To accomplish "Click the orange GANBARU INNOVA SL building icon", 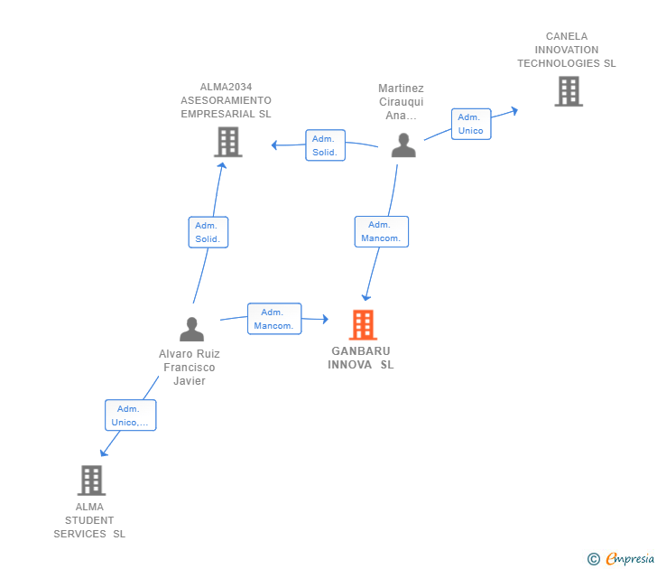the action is pyautogui.click(x=363, y=324).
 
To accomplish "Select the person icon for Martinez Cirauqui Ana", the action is pyautogui.click(x=403, y=145).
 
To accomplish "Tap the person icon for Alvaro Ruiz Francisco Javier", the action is pyautogui.click(x=192, y=329).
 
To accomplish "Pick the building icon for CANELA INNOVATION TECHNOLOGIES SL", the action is pyautogui.click(x=569, y=91).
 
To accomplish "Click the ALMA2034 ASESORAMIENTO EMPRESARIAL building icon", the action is pyautogui.click(x=228, y=142).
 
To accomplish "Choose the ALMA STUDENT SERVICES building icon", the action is pyautogui.click(x=91, y=480).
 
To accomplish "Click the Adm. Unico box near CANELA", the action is pyautogui.click(x=471, y=124).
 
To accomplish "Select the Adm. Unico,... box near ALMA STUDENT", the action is pyautogui.click(x=130, y=415).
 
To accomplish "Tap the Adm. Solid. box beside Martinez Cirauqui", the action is pyautogui.click(x=325, y=145).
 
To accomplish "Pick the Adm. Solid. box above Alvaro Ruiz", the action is pyautogui.click(x=208, y=232).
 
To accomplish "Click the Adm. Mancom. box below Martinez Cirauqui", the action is pyautogui.click(x=381, y=231).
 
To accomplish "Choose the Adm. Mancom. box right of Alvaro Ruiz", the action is pyautogui.click(x=274, y=319).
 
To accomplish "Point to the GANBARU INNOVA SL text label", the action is pyautogui.click(x=361, y=358).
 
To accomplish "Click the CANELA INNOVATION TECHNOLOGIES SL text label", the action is pyautogui.click(x=567, y=50).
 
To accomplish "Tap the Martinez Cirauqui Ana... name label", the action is pyautogui.click(x=401, y=102).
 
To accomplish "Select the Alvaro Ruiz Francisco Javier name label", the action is pyautogui.click(x=190, y=368).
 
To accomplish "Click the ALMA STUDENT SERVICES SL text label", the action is pyautogui.click(x=89, y=520).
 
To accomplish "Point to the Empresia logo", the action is pyautogui.click(x=621, y=558).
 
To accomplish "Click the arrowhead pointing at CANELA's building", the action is pyautogui.click(x=515, y=111).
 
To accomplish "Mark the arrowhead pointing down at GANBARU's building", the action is pyautogui.click(x=366, y=297).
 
